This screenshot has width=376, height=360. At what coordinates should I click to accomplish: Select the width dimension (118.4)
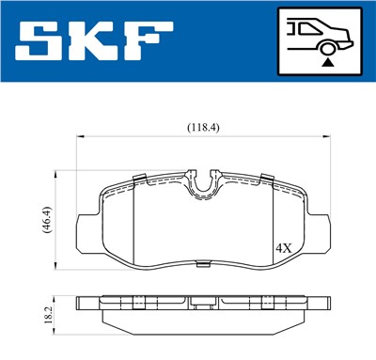pos(203,127)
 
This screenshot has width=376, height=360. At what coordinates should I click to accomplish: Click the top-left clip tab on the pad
pos(137,180)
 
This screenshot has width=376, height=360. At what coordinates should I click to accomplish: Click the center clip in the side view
pos(203,304)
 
